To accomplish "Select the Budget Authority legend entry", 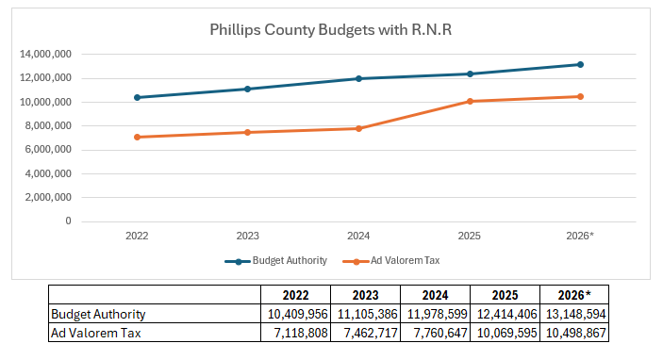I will (x=273, y=260).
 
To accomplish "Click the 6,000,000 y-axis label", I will (x=48, y=150).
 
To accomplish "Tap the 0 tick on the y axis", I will (x=69, y=221).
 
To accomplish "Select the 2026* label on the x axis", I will (x=579, y=237).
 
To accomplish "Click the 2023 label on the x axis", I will (x=248, y=237).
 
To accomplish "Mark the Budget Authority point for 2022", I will (x=138, y=97).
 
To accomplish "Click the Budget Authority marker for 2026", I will (x=580, y=64).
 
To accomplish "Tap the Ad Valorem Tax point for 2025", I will (x=470, y=101).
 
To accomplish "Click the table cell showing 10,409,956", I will (x=295, y=314).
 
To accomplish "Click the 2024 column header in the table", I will (x=435, y=294).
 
